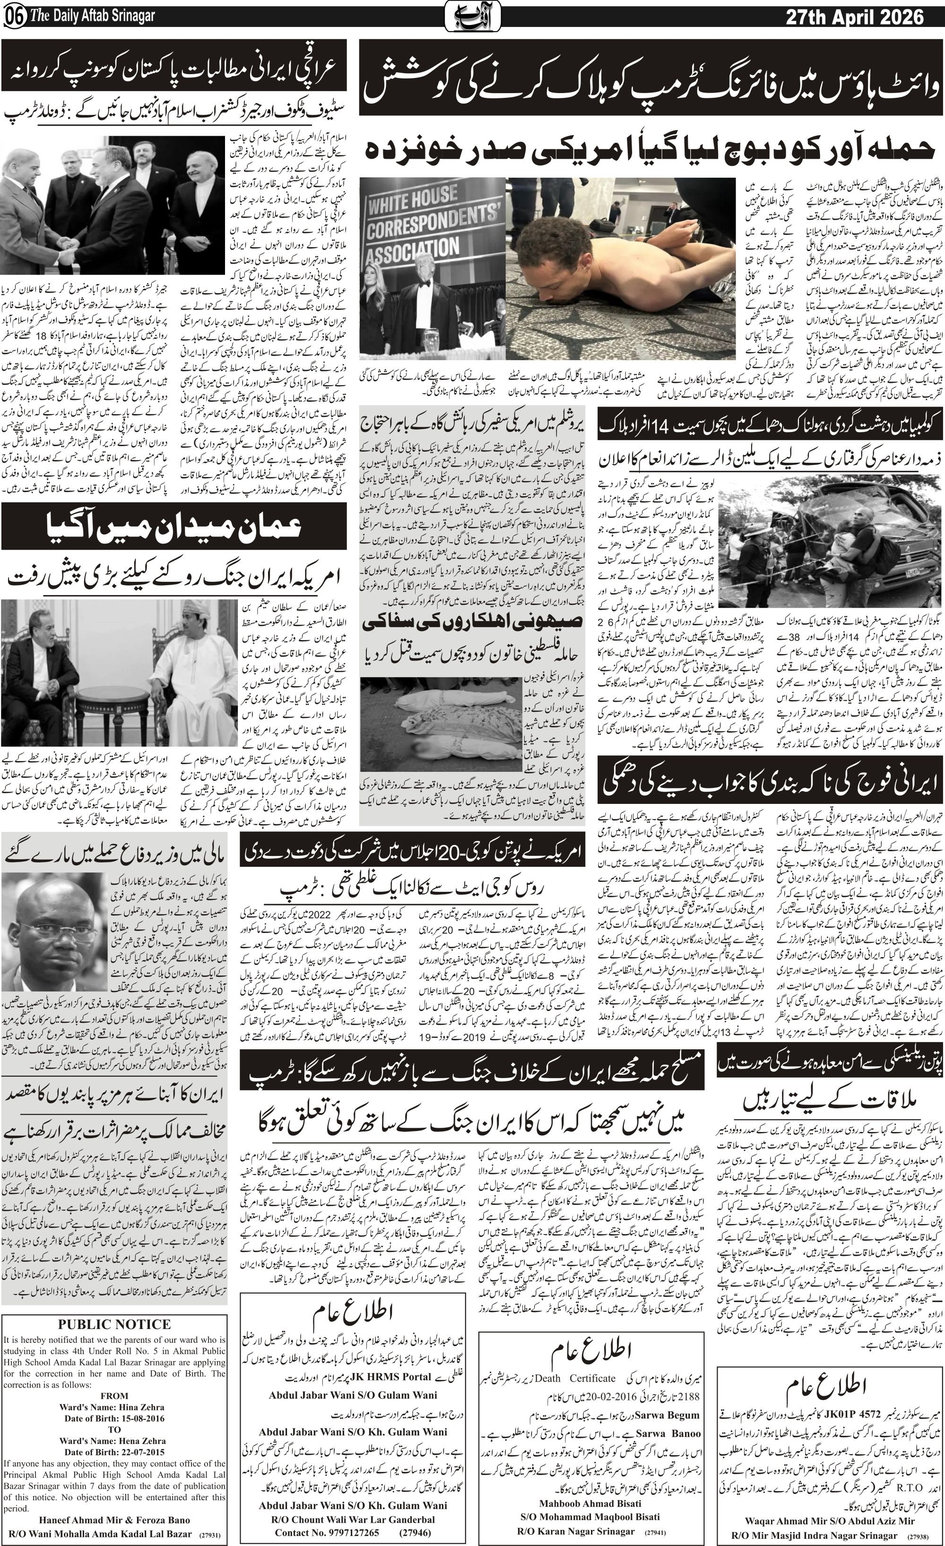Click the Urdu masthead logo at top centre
coord(472,17)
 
